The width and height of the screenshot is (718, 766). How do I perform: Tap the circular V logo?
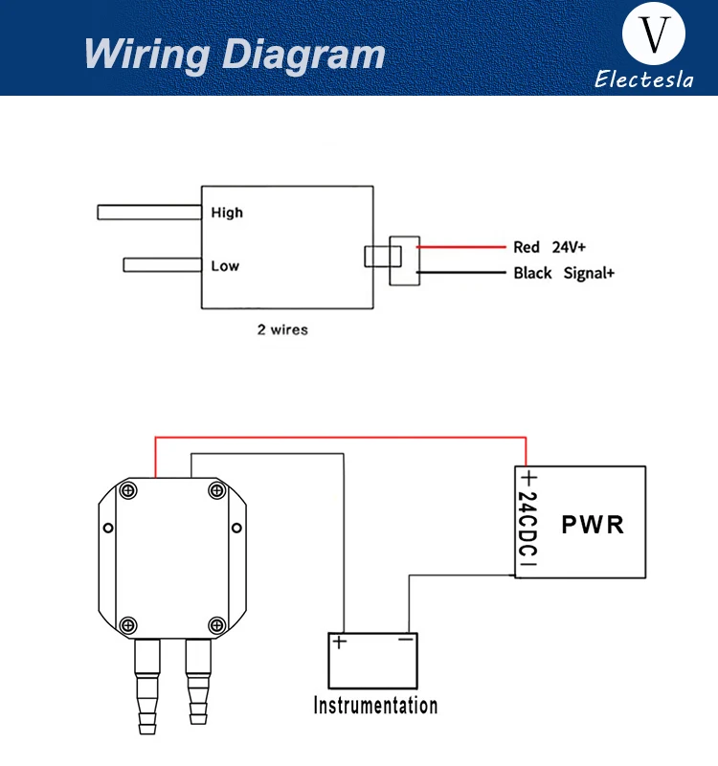(x=654, y=34)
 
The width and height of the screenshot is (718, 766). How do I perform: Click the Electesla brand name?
(x=643, y=79)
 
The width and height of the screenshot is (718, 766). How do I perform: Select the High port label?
(x=227, y=213)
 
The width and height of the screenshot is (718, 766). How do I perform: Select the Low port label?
(x=225, y=266)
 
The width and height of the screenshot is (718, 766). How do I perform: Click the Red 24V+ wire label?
(x=549, y=247)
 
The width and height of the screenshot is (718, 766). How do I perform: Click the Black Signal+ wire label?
(x=564, y=273)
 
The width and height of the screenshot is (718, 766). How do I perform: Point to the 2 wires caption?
(x=282, y=329)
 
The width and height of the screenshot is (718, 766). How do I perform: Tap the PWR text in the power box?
(x=593, y=525)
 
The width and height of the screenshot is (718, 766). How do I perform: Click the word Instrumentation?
(x=375, y=706)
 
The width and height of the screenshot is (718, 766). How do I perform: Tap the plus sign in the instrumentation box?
(x=339, y=642)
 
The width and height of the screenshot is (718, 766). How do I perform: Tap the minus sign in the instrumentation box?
(x=405, y=639)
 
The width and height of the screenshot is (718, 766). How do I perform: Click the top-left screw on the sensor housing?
(x=128, y=490)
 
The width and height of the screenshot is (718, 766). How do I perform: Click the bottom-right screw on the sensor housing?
(x=217, y=625)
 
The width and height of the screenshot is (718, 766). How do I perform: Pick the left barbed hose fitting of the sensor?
(x=147, y=687)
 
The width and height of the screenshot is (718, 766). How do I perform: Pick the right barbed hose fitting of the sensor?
(x=198, y=682)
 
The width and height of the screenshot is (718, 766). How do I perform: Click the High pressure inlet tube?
(x=149, y=213)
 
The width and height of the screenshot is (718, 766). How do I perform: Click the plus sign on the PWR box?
(x=529, y=478)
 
